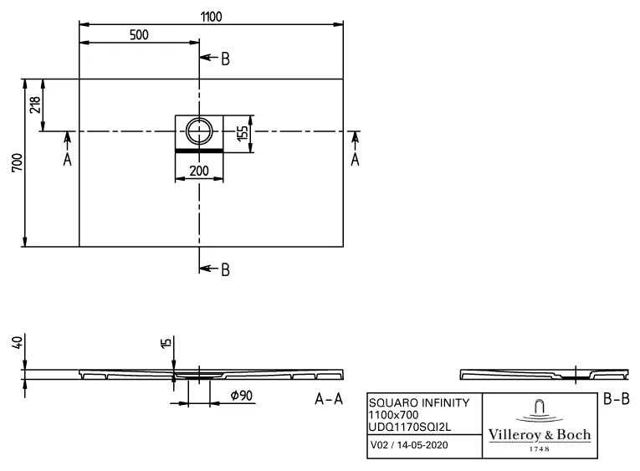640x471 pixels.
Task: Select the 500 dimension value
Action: click(x=139, y=34)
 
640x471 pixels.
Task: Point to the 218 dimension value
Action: click(x=33, y=105)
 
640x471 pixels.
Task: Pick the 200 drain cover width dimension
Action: click(x=199, y=171)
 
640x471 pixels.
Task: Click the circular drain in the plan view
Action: click(x=200, y=131)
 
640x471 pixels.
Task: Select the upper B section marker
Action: click(x=223, y=59)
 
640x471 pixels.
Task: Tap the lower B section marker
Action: click(x=223, y=269)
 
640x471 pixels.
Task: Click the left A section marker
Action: click(x=68, y=159)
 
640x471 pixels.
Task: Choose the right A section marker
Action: click(x=355, y=159)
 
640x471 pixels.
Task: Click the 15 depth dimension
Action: click(x=165, y=343)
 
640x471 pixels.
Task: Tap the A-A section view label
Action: click(x=328, y=399)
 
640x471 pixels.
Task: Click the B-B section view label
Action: click(x=616, y=399)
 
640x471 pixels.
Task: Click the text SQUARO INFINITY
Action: click(x=419, y=402)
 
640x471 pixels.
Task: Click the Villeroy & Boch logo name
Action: click(x=539, y=435)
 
